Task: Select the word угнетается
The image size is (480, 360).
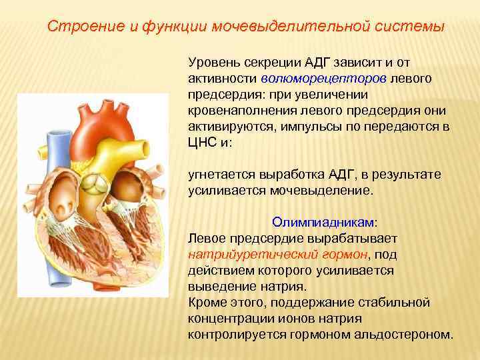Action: (x=219, y=175)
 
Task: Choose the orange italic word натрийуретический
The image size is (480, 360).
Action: (x=245, y=254)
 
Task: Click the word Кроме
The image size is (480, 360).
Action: (x=207, y=302)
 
